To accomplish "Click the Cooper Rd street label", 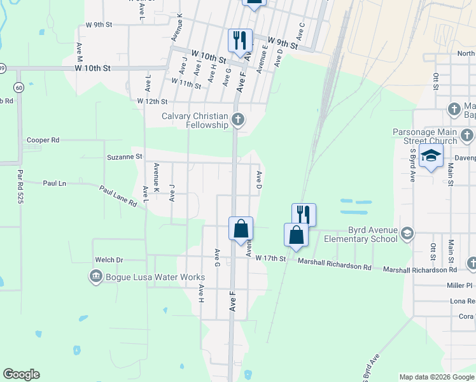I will pos(43,140).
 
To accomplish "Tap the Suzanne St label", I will pos(125,156).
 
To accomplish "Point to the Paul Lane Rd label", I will pos(117,197).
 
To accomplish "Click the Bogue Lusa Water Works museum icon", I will pos(96,276).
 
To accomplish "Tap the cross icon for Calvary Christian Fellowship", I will pos(238,119).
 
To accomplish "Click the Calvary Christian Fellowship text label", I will pos(195,120).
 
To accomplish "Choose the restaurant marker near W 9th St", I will pos(241,41).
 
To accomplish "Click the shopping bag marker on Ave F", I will pos(241,229).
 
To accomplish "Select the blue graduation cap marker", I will pos(431,156).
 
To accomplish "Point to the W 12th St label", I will pos(152,101).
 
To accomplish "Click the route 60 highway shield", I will pos(20,87).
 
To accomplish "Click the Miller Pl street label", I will pos(460,286).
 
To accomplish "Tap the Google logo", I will pos(21,374).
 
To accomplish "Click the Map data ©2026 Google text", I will pos(437,377).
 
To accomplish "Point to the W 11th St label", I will pos(186,82).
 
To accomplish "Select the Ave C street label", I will pos(300,29).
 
